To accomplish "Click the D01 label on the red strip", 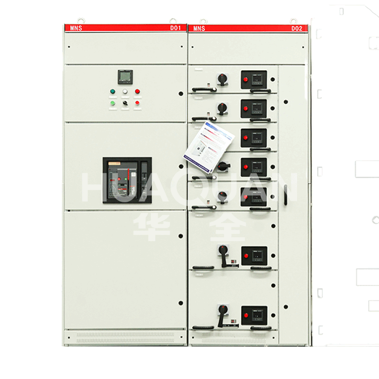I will (176, 28).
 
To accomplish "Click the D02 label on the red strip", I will (297, 28).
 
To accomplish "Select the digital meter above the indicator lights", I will (125, 77).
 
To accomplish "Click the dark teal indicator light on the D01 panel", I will (113, 91).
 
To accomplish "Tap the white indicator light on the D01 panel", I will (125, 91).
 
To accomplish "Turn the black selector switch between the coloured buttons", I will (125, 103).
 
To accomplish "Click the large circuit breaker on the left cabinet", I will (127, 180).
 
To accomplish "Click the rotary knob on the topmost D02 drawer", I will (222, 78).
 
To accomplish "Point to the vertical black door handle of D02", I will (286, 195).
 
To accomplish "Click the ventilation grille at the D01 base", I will (126, 337).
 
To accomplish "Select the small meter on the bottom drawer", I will (257, 315).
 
